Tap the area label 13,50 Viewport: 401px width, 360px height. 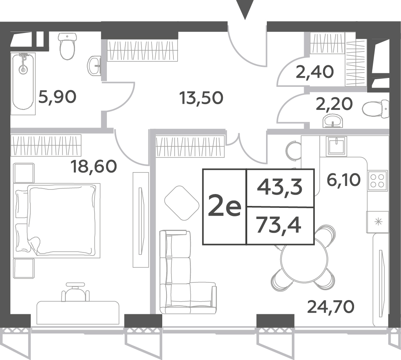point(201,98)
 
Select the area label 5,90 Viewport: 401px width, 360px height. point(57,97)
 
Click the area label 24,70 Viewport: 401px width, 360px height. point(331,307)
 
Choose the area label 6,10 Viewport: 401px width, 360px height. point(343,180)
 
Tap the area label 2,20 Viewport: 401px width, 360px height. point(334,104)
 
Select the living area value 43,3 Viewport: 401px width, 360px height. point(280,187)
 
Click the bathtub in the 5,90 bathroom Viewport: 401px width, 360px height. point(23,83)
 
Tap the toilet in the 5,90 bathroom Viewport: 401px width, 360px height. point(68,46)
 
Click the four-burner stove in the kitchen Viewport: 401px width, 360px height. point(377,180)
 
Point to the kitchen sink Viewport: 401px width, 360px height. point(337,146)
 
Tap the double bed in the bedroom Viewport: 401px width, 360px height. point(57,220)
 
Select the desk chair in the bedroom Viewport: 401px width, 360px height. point(75,292)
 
